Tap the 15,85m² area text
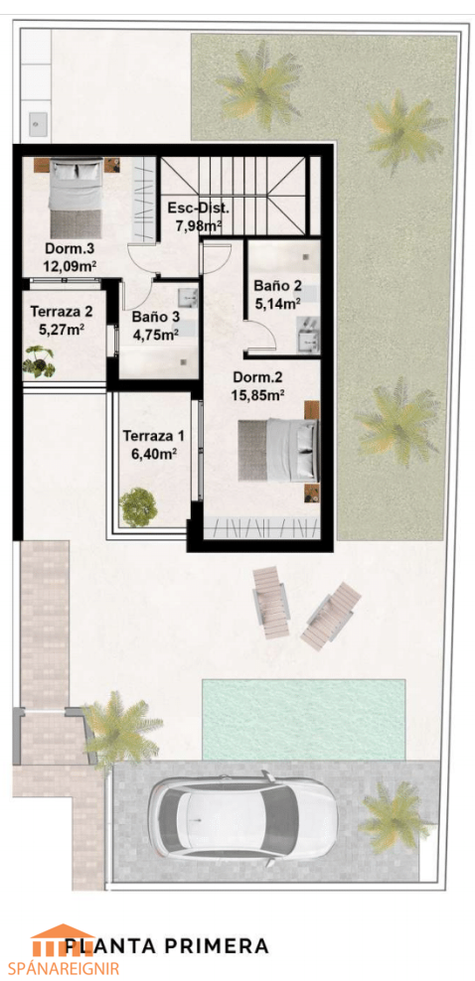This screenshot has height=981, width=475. click(259, 395)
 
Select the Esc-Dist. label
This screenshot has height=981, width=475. click(199, 209)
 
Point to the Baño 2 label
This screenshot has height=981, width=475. click(277, 286)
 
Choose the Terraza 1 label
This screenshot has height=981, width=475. click(150, 436)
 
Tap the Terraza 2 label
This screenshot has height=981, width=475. click(62, 311)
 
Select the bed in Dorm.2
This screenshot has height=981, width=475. click(278, 450)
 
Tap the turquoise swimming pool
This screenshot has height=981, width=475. click(303, 720)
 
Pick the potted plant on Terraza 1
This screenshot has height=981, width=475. click(138, 506)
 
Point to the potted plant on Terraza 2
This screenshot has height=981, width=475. click(40, 361)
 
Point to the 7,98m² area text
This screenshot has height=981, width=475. click(199, 225)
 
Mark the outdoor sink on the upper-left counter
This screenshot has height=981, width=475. click(37, 121)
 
